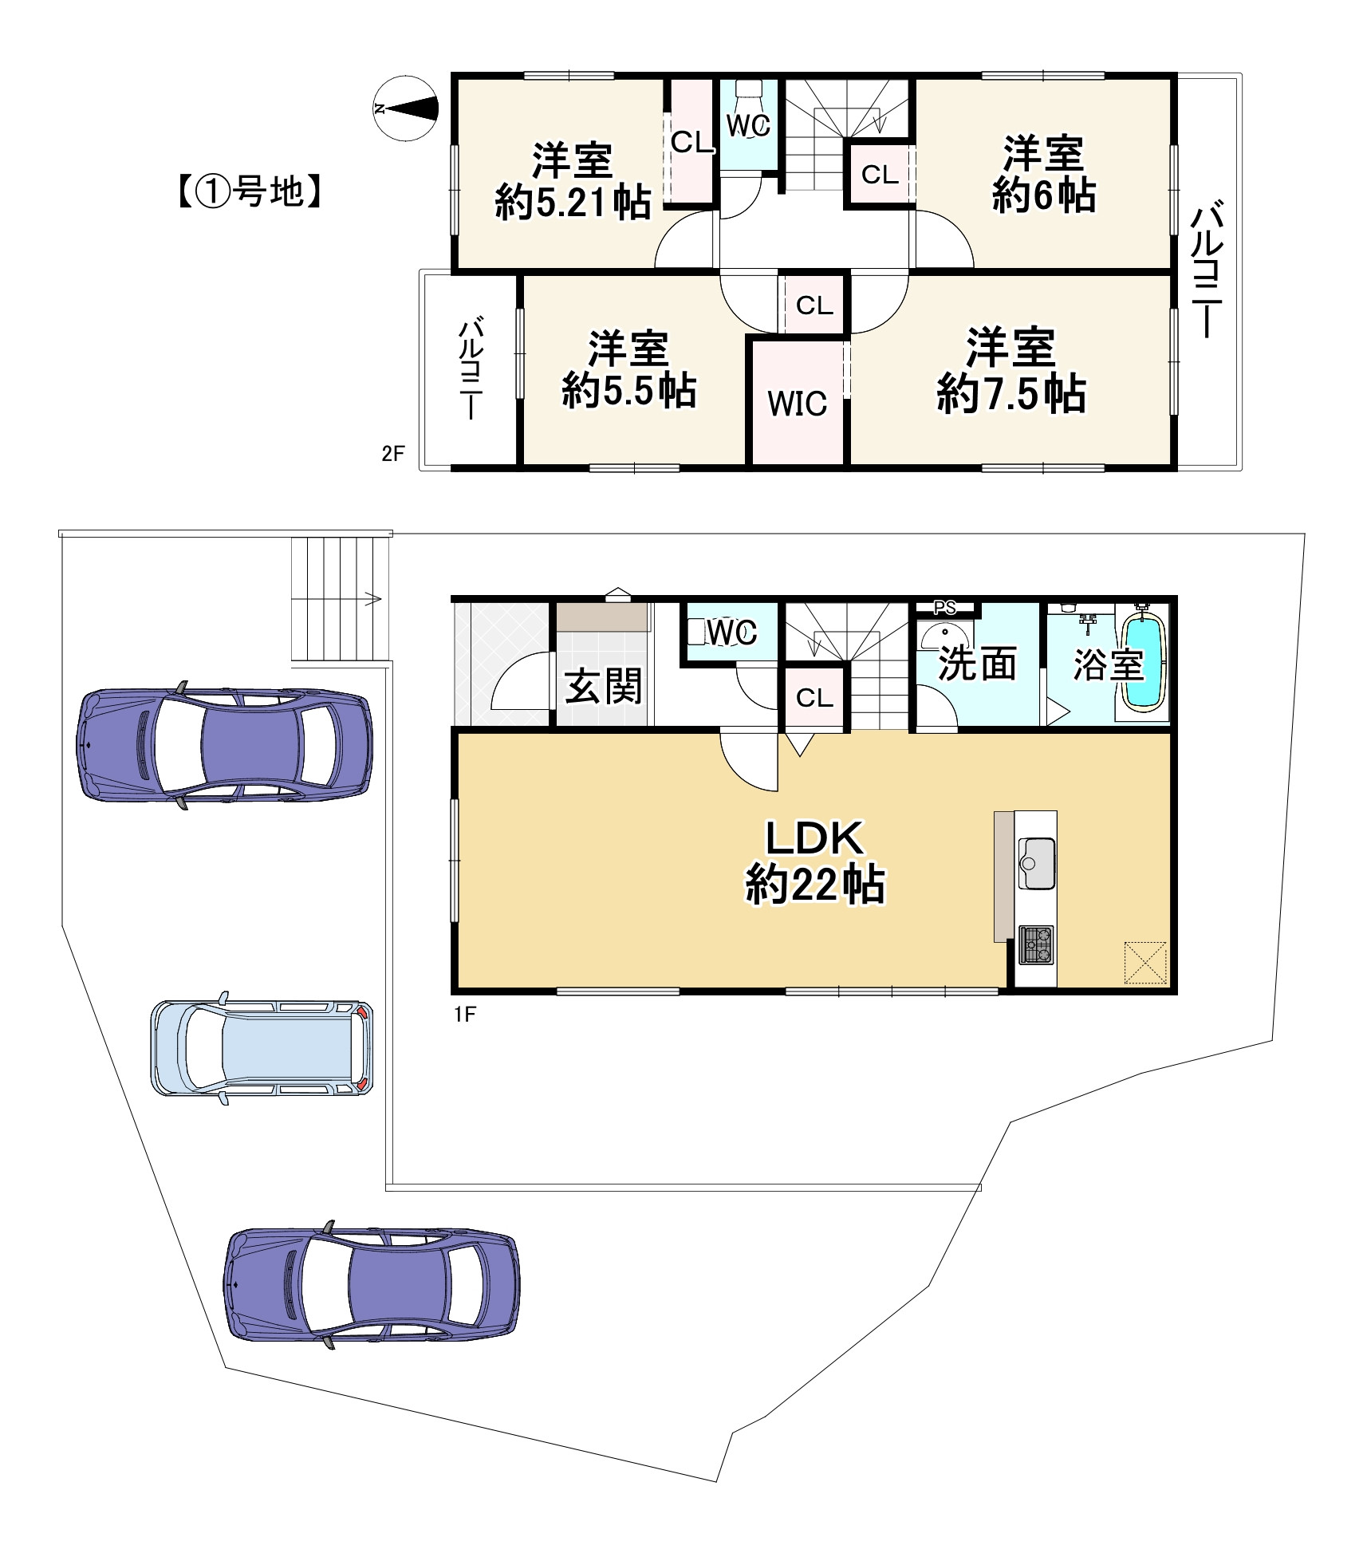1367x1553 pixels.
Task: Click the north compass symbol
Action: tap(406, 108)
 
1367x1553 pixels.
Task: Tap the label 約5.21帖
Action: tap(573, 203)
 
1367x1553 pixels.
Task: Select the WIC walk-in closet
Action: tap(798, 403)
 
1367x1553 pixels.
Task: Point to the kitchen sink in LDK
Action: tap(1036, 863)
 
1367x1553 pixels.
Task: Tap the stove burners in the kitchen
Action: tap(1036, 944)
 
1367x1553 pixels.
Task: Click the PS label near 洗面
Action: tap(945, 608)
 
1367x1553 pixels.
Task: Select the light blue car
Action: tap(262, 1047)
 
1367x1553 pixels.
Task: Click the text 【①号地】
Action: tap(248, 192)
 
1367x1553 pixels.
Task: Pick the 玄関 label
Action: tap(603, 687)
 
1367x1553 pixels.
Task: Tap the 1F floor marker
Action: tap(465, 1015)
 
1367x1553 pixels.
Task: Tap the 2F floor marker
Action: tap(392, 454)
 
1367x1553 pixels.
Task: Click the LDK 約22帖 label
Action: tap(814, 861)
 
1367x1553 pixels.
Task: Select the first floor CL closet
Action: tap(814, 698)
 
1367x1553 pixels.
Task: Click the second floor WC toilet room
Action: tap(748, 124)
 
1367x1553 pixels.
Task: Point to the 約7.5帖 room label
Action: tap(1010, 393)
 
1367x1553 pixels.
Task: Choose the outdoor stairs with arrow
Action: tap(341, 598)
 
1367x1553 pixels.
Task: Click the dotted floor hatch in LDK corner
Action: tap(1145, 963)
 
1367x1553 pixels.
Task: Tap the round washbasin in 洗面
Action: tap(945, 637)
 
